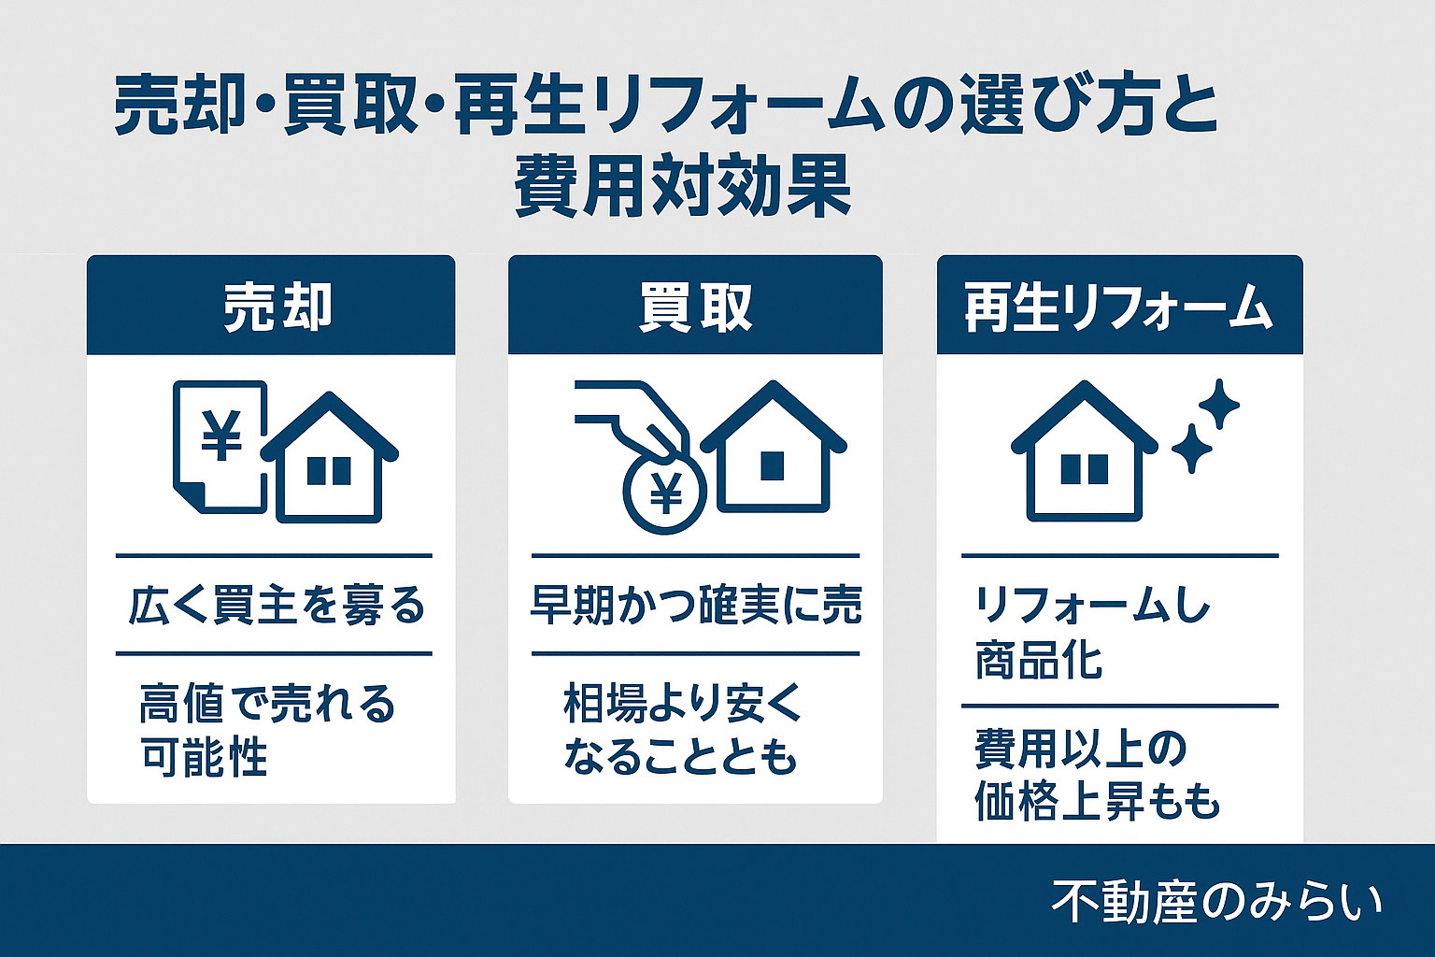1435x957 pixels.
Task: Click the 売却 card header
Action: tap(271, 306)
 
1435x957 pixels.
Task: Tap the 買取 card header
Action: tap(695, 306)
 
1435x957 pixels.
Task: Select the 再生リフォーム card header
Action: tap(1119, 306)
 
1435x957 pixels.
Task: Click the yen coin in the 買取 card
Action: tap(665, 494)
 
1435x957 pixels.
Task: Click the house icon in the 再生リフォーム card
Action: tap(1084, 453)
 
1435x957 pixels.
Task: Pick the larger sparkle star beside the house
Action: tap(1218, 405)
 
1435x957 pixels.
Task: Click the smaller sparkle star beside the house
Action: tap(1191, 449)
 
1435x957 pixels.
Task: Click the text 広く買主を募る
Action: tap(277, 607)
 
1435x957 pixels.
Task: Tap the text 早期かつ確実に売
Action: tap(696, 605)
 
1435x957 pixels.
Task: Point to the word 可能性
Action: tap(205, 756)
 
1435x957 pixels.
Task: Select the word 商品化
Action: tap(1039, 660)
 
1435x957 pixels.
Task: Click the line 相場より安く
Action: tap(683, 703)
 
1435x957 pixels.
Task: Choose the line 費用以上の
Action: tap(1080, 749)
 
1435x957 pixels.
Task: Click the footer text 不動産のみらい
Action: tap(1215, 902)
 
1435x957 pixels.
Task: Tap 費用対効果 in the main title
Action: tap(683, 187)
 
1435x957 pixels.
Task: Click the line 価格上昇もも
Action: tap(1097, 801)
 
